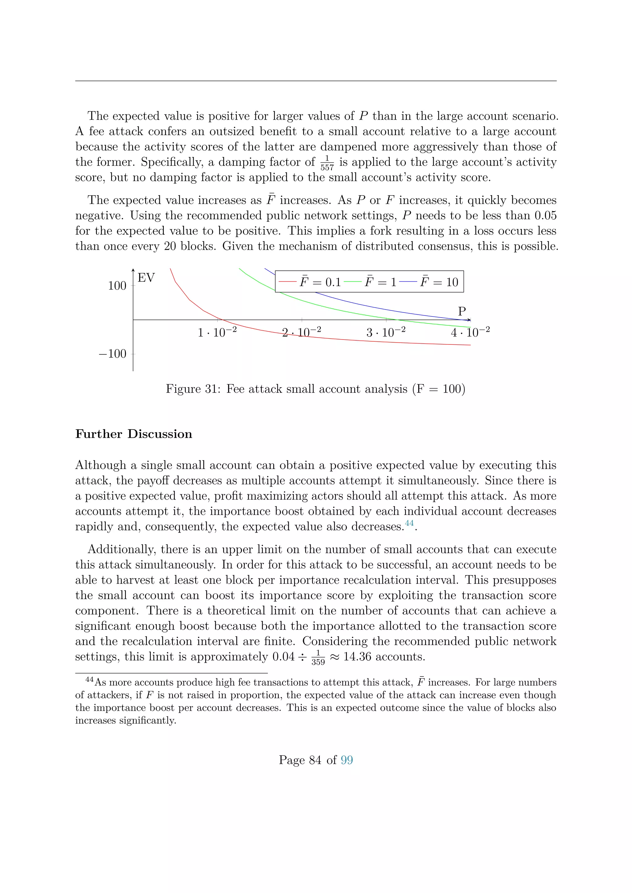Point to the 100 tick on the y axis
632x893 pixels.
pos(117,286)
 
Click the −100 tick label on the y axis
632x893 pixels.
pos(113,354)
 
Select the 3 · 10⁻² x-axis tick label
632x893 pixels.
pos(386,332)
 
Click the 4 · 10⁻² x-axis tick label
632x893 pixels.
pos(470,332)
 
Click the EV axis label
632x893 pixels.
pos(146,278)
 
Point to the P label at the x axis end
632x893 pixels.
pos(462,311)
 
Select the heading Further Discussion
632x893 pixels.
pos(134,434)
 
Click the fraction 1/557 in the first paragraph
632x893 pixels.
pos(327,163)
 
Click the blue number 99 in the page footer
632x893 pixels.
pos(346,760)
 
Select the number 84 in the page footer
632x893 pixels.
pos(315,760)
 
